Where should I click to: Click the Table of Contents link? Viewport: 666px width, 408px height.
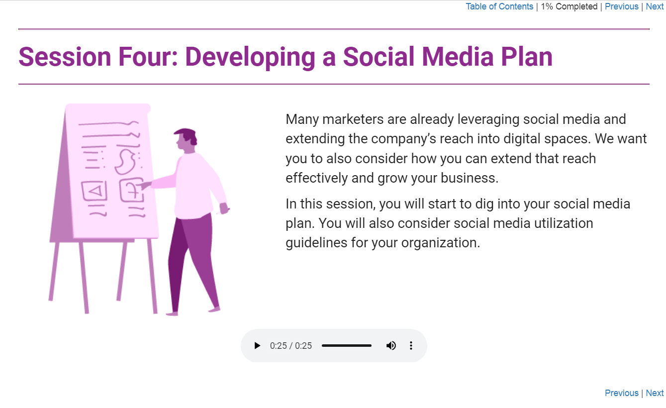(499, 6)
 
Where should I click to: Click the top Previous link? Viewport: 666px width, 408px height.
(621, 6)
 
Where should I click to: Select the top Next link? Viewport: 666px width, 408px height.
(655, 6)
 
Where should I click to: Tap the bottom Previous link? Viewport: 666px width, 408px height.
(621, 393)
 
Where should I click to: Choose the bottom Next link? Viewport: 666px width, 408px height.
(655, 393)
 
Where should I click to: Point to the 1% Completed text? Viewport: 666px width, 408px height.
(569, 6)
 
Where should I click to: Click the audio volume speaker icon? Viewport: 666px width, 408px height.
(391, 345)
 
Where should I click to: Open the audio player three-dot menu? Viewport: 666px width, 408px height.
(411, 345)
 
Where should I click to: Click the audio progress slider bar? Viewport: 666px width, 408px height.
(347, 345)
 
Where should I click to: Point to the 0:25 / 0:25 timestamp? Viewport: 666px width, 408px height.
(291, 345)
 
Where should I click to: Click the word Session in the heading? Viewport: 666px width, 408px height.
(65, 57)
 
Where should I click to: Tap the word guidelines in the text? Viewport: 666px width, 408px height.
(316, 243)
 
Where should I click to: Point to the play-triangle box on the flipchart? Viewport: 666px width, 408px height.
(94, 191)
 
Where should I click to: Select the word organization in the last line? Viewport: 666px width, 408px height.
(441, 243)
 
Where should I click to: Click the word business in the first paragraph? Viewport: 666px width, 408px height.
(470, 178)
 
